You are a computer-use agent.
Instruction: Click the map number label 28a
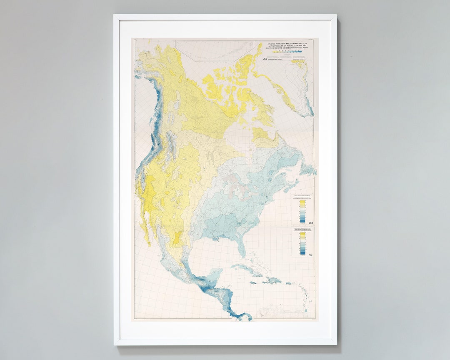point(265,59)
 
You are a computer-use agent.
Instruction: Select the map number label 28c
point(310,255)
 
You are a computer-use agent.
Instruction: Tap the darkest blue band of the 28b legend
point(302,220)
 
